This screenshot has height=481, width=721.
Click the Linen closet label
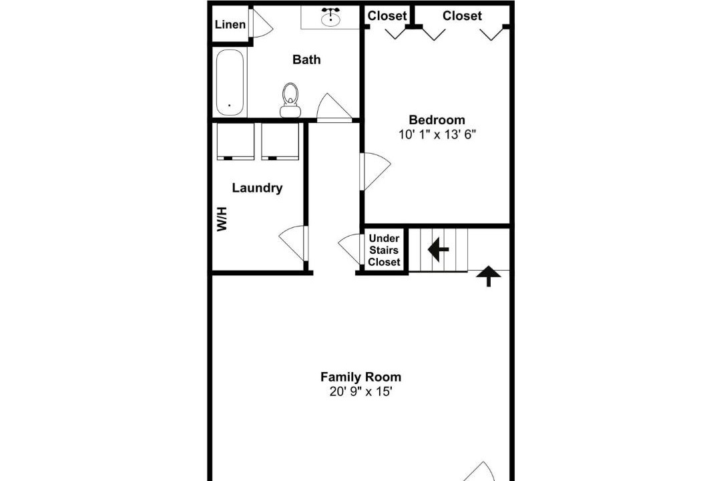(x=230, y=25)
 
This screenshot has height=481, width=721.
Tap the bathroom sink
(x=330, y=18)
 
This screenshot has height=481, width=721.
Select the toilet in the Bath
(x=290, y=100)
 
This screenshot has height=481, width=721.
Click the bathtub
(x=230, y=82)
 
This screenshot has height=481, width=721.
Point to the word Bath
(x=306, y=59)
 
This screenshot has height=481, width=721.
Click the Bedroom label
(x=437, y=120)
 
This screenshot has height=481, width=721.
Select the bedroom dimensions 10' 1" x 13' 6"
(x=437, y=134)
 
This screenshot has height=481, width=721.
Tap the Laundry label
(x=257, y=188)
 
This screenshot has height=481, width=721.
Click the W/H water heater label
(x=222, y=219)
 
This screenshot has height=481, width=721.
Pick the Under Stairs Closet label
(x=384, y=250)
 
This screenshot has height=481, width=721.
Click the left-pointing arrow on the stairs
(x=438, y=249)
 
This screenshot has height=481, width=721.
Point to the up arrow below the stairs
(x=488, y=276)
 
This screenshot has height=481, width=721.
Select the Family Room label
(x=361, y=377)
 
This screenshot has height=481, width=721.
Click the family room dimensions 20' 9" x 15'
(x=361, y=391)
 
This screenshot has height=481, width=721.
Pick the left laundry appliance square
(x=235, y=141)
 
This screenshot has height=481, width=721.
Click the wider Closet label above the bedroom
(x=462, y=15)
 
